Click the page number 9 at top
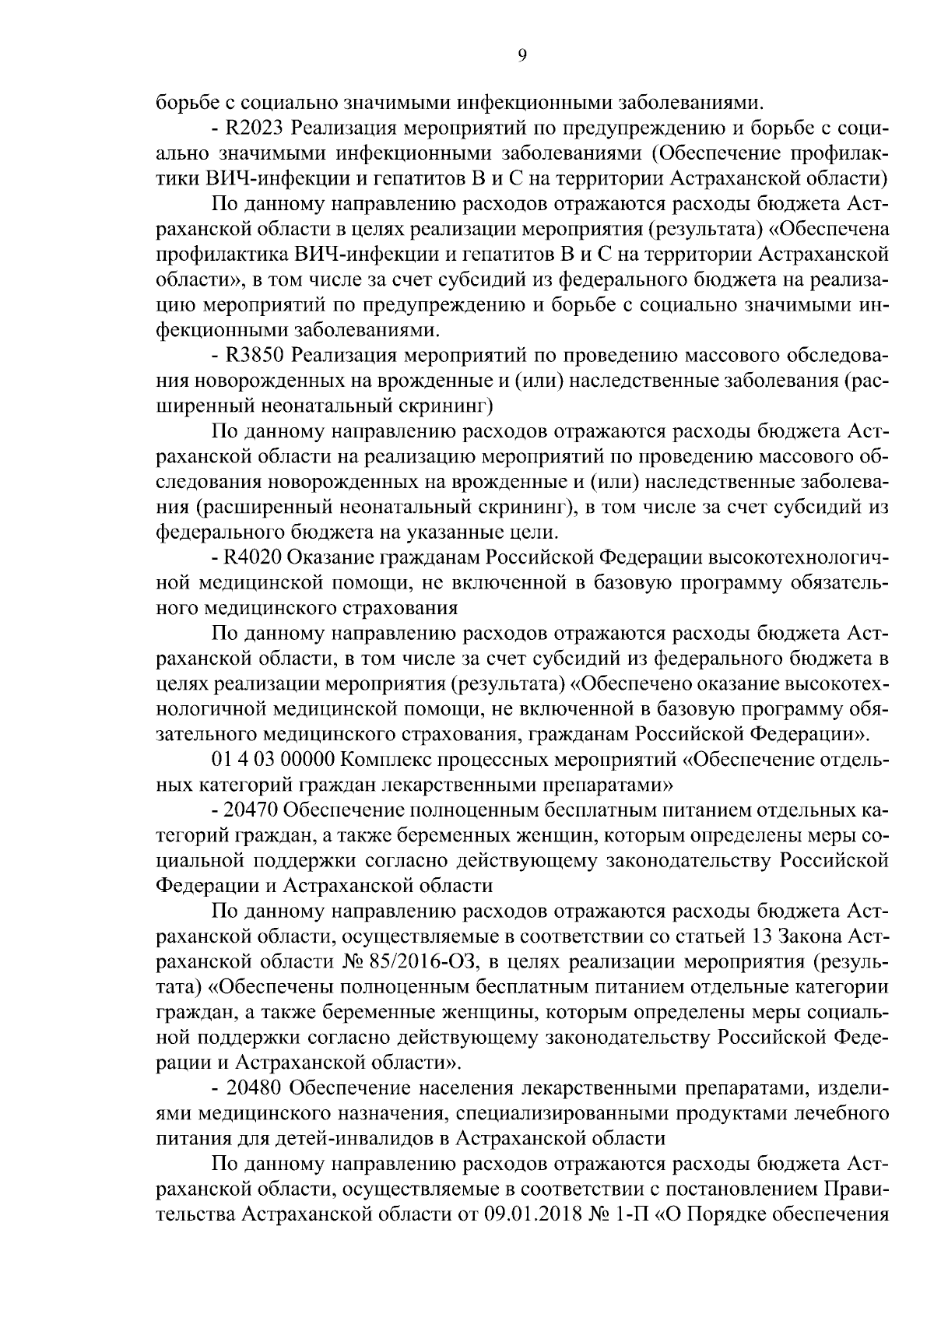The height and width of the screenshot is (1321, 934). [521, 54]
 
